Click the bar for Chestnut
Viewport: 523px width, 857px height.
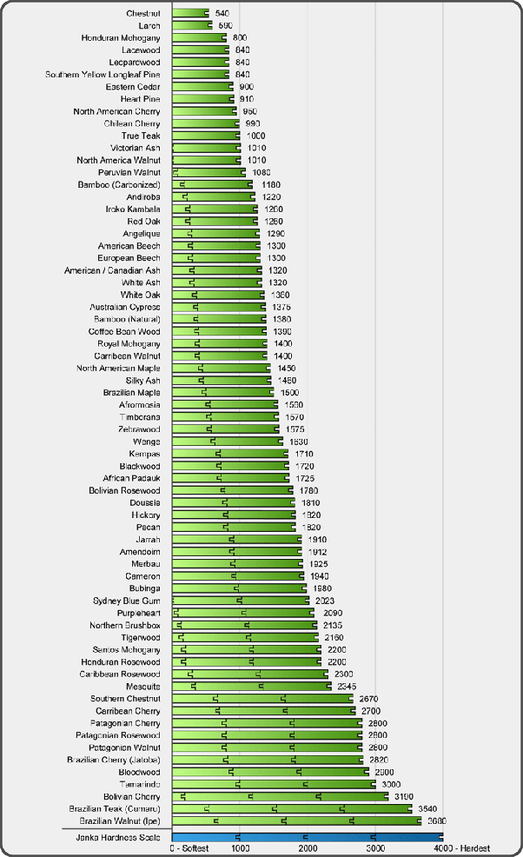pos(190,14)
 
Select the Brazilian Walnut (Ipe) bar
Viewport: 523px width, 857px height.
pos(296,820)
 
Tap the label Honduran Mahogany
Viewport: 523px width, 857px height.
pos(121,38)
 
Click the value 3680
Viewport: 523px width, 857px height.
pos(438,820)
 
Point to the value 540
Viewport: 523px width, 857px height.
pos(222,14)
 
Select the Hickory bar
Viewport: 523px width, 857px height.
pos(234,515)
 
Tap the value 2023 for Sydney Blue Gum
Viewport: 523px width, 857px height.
pos(323,601)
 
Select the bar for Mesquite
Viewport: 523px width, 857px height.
pos(252,687)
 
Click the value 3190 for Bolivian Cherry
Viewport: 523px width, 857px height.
pos(404,796)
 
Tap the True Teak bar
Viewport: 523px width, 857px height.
pos(206,136)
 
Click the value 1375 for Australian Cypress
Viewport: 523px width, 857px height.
pos(280,308)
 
